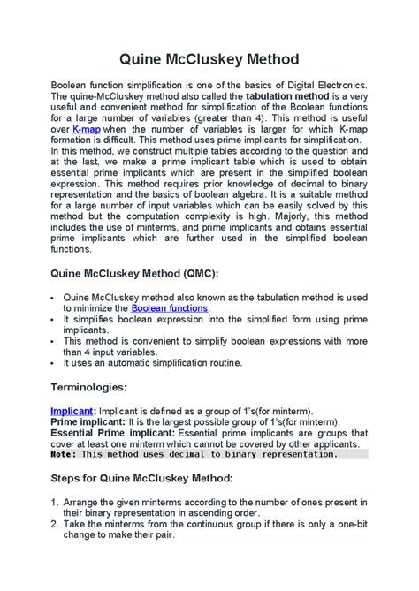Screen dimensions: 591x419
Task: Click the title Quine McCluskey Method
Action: [x=209, y=60]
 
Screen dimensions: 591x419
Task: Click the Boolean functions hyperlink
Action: [x=170, y=307]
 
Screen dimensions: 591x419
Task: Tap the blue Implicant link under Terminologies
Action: [x=73, y=411]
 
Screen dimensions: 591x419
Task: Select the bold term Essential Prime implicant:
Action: [x=112, y=434]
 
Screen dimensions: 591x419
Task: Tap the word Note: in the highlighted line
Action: [x=65, y=454]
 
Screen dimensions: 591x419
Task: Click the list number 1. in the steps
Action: [x=56, y=502]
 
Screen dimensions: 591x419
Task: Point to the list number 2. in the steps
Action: [x=56, y=525]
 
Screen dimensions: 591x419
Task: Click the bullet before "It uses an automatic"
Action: [x=55, y=362]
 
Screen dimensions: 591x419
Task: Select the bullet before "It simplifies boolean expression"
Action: [x=55, y=318]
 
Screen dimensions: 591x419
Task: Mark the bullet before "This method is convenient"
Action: [x=55, y=340]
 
